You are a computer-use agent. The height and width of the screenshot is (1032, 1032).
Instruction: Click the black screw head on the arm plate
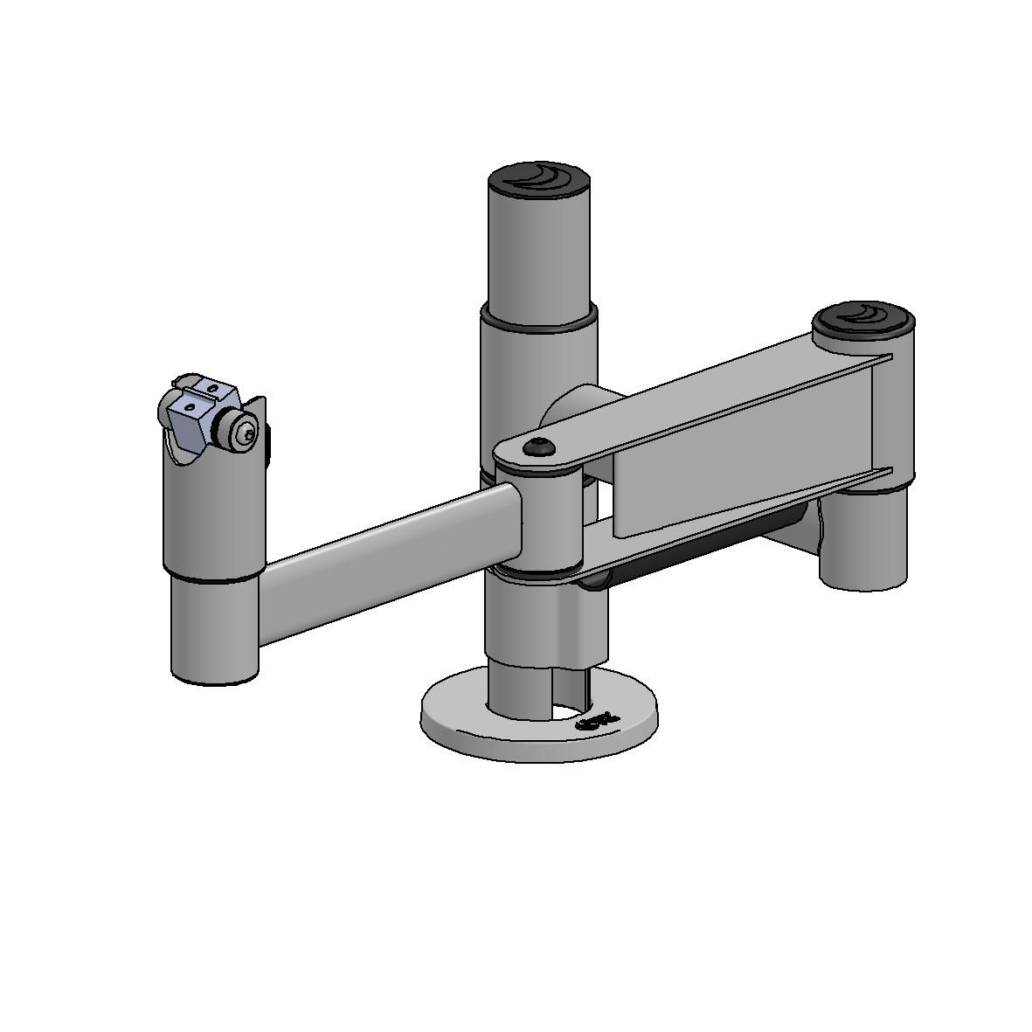click(539, 448)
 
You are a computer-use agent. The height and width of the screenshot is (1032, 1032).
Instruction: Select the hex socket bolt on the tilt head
click(247, 432)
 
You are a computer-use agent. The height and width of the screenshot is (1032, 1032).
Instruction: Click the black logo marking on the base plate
click(598, 720)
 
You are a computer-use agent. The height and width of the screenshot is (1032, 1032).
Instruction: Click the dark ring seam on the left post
click(212, 578)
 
